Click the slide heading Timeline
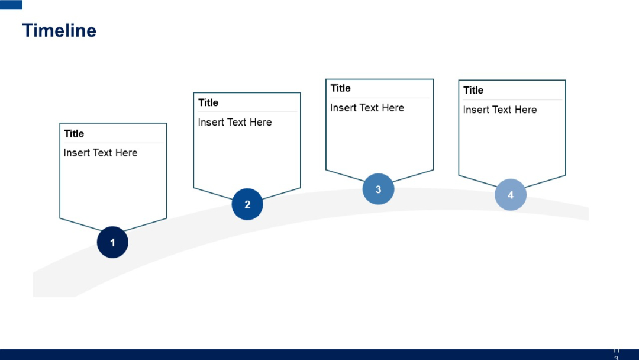(x=59, y=31)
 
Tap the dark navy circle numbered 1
(x=112, y=242)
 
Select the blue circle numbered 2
(x=247, y=204)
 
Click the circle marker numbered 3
(x=378, y=189)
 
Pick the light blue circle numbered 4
(x=511, y=195)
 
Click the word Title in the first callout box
(x=74, y=134)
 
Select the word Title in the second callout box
(x=208, y=103)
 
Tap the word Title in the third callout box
(x=341, y=88)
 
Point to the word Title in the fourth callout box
(x=473, y=90)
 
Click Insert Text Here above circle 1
(x=101, y=153)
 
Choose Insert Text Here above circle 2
(x=235, y=123)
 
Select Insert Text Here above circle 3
(x=367, y=108)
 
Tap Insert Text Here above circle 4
(x=500, y=110)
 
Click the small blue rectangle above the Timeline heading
(x=11, y=5)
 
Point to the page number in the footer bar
(x=617, y=354)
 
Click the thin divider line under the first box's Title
(x=112, y=143)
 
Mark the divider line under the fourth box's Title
(x=512, y=99)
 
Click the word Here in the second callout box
(x=260, y=123)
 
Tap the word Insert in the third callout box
(x=343, y=108)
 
